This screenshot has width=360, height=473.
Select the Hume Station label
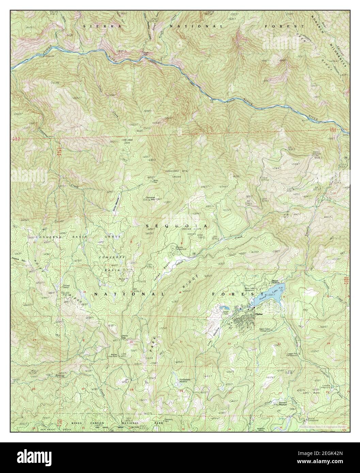[276, 282]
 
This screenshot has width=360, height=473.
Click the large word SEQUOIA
[177, 226]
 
